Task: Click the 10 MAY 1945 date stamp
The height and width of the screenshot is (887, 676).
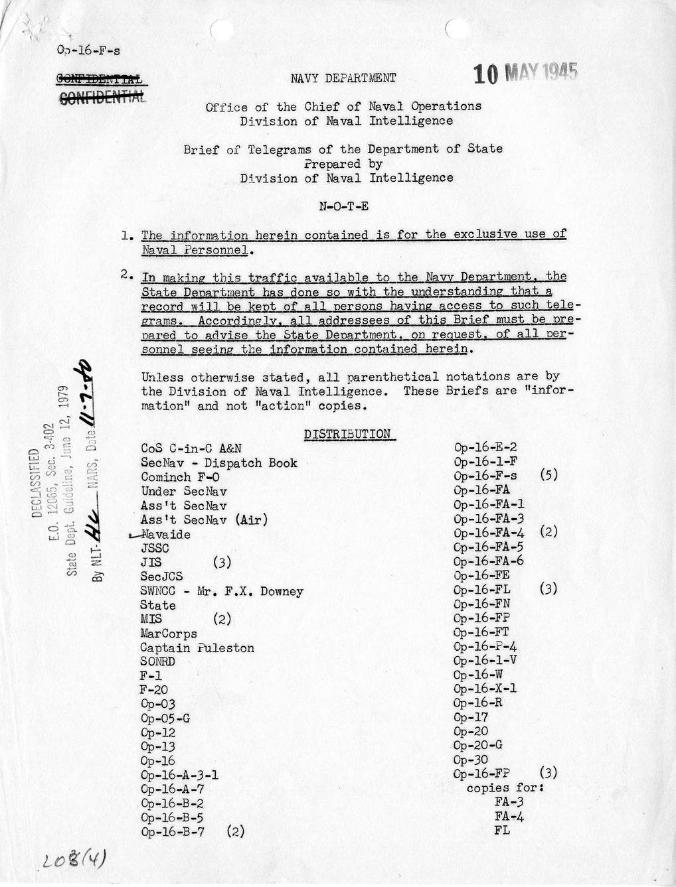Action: click(x=525, y=73)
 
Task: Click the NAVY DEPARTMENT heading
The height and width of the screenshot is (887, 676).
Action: click(x=343, y=78)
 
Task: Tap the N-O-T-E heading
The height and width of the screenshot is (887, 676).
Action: click(x=343, y=206)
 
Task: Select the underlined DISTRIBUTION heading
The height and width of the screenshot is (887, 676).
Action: click(x=347, y=435)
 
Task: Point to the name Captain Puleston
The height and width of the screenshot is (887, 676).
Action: click(x=197, y=648)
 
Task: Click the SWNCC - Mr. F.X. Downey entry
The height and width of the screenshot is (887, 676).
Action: click(x=222, y=591)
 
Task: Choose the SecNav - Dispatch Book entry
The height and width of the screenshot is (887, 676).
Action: click(x=219, y=463)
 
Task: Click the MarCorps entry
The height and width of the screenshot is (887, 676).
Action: click(x=169, y=634)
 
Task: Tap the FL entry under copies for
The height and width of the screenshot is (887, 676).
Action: click(x=502, y=830)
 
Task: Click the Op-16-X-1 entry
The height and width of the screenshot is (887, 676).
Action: click(x=485, y=689)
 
